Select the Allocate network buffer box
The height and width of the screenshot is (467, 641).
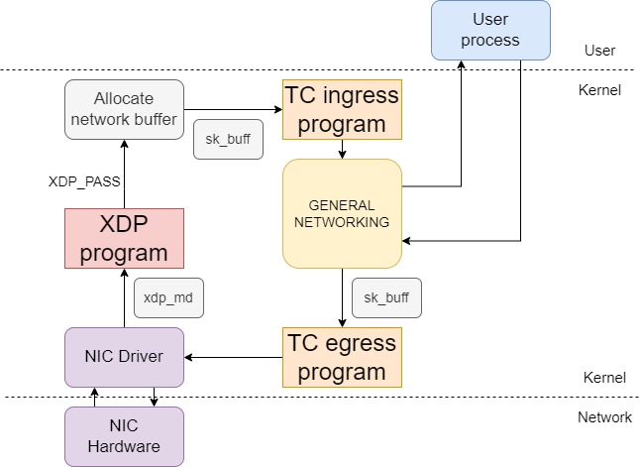(124, 109)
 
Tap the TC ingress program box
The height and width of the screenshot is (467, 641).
(342, 109)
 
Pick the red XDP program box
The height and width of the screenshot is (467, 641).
(124, 238)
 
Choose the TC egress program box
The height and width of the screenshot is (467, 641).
(342, 357)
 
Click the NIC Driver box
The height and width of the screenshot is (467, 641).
(124, 357)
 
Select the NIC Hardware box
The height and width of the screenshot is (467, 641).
(124, 436)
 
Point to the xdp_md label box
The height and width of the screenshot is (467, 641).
(168, 297)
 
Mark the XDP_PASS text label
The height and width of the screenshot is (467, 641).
(86, 182)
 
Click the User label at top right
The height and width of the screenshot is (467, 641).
(599, 50)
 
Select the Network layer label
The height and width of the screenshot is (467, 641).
(604, 417)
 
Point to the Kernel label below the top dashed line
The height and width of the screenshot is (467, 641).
(598, 90)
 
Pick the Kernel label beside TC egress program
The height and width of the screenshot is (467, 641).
(603, 377)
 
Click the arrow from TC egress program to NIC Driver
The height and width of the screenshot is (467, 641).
(234, 357)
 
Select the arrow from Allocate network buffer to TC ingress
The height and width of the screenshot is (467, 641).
(234, 109)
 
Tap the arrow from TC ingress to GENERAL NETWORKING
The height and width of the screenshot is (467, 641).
(342, 149)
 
